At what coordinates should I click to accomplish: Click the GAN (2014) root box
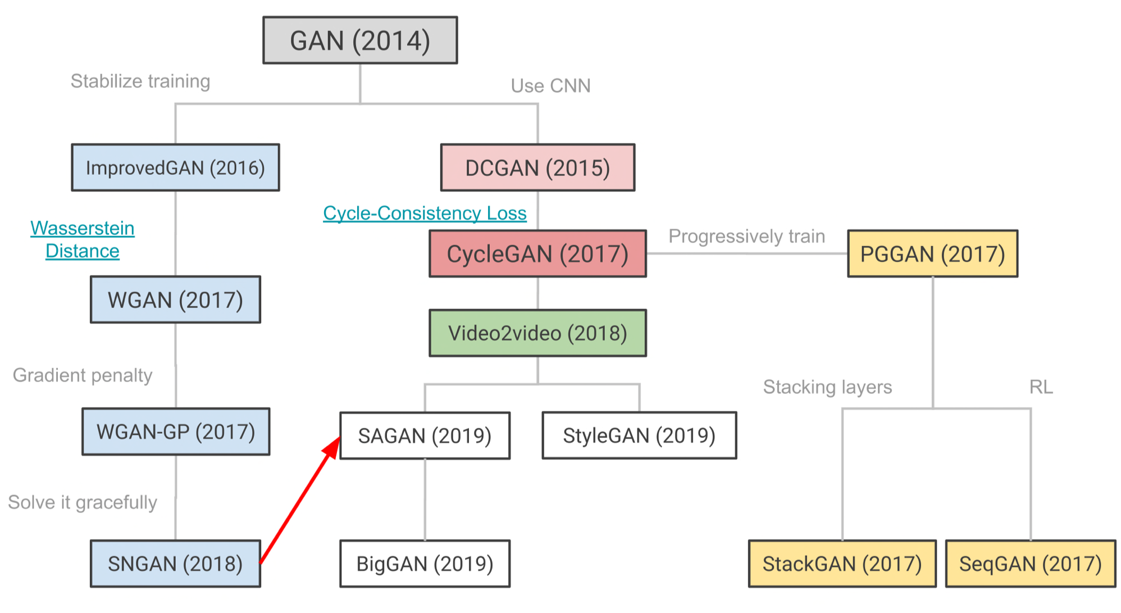[360, 40]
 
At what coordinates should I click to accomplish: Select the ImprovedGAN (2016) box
[175, 167]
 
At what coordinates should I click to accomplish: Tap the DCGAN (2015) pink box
[537, 167]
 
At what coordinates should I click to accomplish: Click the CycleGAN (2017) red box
[537, 253]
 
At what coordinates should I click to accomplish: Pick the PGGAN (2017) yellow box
[932, 253]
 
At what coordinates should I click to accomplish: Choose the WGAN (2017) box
[175, 299]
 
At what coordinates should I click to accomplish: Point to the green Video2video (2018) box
[537, 333]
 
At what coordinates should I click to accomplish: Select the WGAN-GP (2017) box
[176, 432]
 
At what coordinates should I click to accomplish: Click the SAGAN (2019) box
[425, 435]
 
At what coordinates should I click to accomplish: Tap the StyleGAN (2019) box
[639, 435]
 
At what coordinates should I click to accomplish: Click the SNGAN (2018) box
[175, 564]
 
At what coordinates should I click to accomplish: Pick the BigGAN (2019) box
[425, 564]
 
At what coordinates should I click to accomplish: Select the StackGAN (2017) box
[842, 564]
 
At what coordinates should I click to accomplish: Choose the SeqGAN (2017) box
[1031, 564]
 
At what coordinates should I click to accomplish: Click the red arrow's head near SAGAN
[332, 447]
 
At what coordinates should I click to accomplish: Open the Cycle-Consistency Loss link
[425, 213]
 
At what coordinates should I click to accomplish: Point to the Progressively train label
[746, 236]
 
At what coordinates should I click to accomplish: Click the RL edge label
[1041, 387]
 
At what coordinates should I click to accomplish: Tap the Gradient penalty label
[83, 375]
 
